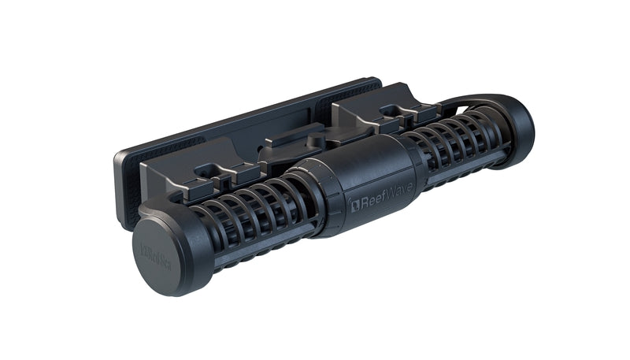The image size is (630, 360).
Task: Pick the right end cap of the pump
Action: [x=516, y=128]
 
